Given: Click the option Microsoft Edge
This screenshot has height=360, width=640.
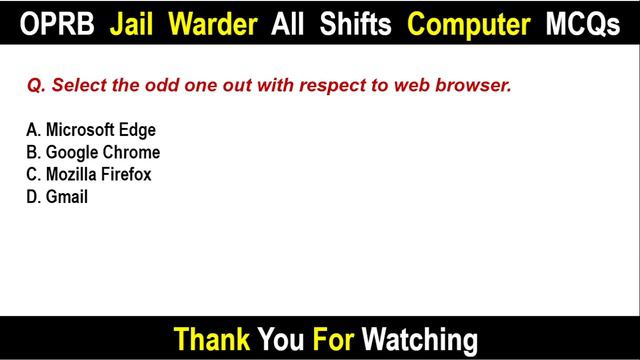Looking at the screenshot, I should [x=92, y=130].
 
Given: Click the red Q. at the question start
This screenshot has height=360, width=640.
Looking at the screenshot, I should [x=36, y=87].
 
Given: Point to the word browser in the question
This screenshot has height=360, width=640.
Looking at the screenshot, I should [x=478, y=87].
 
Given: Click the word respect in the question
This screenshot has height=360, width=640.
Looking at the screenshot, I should [x=344, y=87].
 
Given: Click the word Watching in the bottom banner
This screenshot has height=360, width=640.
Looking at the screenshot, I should [x=420, y=338].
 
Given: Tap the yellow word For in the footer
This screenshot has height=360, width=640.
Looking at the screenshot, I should [x=332, y=338].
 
